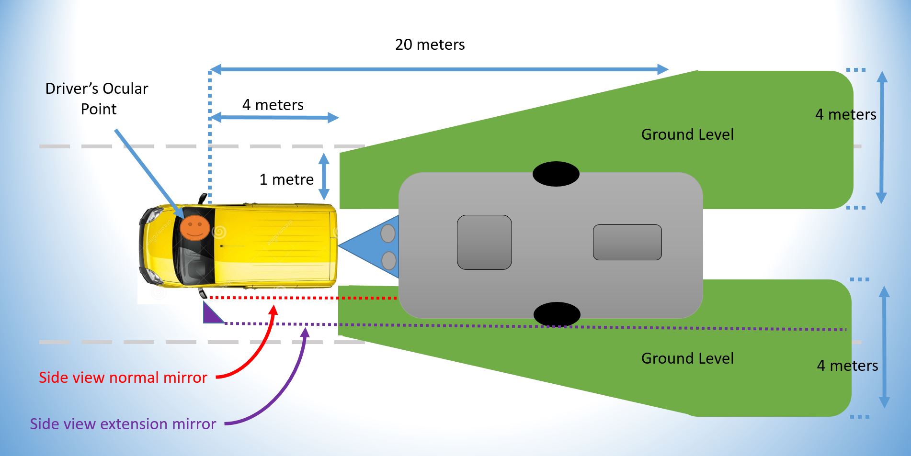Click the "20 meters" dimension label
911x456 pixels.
pyautogui.click(x=430, y=44)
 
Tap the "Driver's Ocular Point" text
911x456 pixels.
pyautogui.click(x=97, y=99)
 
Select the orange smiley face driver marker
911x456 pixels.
pyautogui.click(x=195, y=227)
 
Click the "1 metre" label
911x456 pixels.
pyautogui.click(x=286, y=179)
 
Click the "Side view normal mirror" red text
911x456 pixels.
pyautogui.click(x=123, y=378)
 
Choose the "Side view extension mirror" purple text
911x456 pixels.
pyautogui.click(x=123, y=424)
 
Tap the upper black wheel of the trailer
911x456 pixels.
pyautogui.click(x=556, y=174)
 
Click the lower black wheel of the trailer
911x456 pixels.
pyautogui.click(x=557, y=314)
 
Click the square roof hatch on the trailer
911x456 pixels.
pyautogui.click(x=484, y=242)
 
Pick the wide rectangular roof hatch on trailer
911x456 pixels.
pyautogui.click(x=627, y=242)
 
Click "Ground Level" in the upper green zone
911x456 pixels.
pyautogui.click(x=687, y=134)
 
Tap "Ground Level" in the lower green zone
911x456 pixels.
pyautogui.click(x=687, y=358)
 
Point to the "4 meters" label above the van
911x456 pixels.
pyautogui.click(x=273, y=105)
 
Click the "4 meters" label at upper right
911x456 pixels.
pyautogui.click(x=846, y=114)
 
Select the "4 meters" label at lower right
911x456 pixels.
pyautogui.click(x=848, y=366)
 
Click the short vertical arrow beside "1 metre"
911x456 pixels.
pyautogui.click(x=324, y=177)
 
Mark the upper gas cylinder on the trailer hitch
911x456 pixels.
pyautogui.click(x=388, y=234)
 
